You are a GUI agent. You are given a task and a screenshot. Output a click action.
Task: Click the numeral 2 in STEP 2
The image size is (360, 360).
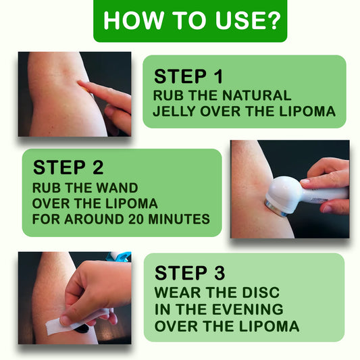tap(98, 168)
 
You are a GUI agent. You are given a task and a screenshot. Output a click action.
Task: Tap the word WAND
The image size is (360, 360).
tap(117, 188)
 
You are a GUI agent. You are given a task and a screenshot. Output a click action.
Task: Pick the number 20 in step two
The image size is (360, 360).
tap(136, 219)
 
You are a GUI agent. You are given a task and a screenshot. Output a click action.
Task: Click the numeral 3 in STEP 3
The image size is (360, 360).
tap(220, 273)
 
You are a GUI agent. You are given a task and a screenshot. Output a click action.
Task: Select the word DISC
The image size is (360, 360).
tap(261, 292)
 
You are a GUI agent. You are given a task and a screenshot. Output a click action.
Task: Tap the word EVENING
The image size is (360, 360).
tap(248, 309)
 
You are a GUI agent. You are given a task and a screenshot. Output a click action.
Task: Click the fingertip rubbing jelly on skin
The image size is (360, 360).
tap(82, 83)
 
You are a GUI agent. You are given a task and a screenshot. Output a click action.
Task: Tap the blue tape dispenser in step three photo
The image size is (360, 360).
tap(120, 256)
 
